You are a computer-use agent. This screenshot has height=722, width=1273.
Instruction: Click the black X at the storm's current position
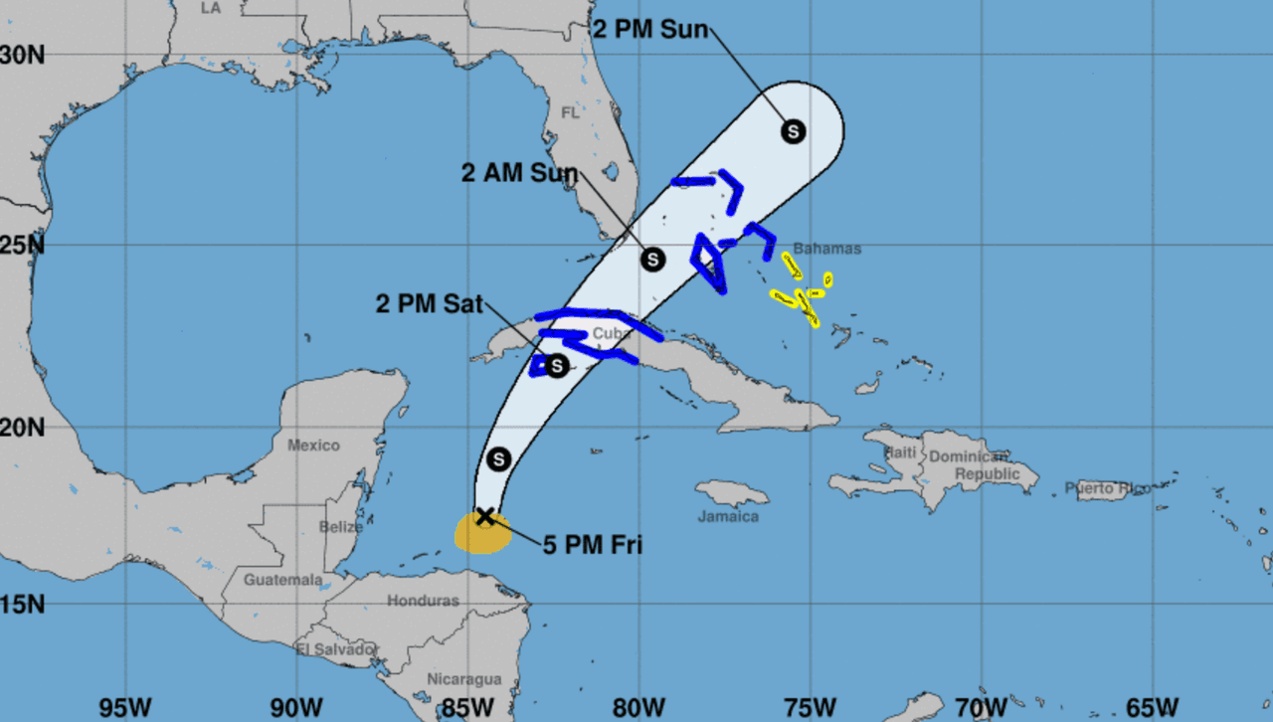pos(484,515)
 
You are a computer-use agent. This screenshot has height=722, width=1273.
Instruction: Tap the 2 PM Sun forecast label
pos(650,29)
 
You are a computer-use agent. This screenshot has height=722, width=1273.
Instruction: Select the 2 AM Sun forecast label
pos(519,173)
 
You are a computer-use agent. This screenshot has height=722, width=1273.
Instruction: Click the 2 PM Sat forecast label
pos(433,303)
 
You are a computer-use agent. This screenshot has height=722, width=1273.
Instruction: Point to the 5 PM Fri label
pos(593,544)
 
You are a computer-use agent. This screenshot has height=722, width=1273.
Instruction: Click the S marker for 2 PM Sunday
pos(793,130)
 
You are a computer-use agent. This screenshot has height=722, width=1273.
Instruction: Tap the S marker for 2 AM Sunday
pos(652,259)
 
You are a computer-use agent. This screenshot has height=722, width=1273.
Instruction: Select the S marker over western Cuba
pos(556,366)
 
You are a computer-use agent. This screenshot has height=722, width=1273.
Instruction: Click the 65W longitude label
pos(1151,707)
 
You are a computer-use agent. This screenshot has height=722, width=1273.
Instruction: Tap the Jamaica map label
pos(728,517)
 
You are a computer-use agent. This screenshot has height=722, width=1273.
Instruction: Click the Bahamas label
pos(826,249)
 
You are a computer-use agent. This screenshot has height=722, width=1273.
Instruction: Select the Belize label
pos(341,527)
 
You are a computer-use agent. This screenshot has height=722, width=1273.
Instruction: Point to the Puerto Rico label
pos(1108,488)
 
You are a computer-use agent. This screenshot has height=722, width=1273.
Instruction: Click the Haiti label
pos(900,452)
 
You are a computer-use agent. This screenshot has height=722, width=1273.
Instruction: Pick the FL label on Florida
pos(570,113)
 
